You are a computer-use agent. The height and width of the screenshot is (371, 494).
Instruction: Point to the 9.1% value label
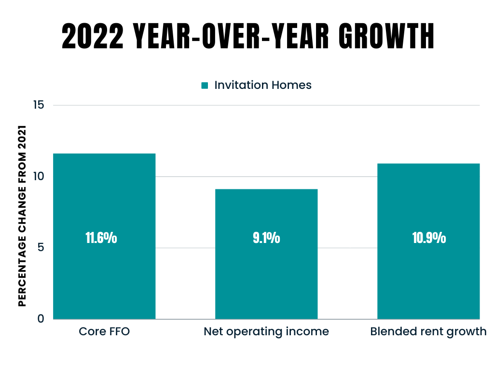coord(266,238)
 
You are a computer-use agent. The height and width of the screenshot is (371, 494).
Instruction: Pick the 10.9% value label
coord(428,238)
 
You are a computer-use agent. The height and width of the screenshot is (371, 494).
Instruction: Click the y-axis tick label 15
coord(39,105)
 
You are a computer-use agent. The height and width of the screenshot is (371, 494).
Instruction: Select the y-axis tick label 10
coord(39,176)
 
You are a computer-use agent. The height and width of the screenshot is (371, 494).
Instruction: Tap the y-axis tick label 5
coord(41,247)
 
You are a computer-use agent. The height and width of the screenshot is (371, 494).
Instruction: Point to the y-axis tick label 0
coord(41,319)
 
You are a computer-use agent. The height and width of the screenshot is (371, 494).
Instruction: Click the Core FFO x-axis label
coord(104,332)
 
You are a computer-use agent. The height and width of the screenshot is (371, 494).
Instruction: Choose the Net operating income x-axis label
coord(266,332)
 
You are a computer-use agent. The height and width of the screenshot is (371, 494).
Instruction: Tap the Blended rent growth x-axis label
coord(428,332)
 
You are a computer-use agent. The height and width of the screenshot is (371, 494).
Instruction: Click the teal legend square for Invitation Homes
coord(205,86)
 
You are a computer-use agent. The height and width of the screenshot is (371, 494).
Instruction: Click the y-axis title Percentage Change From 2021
coord(22,216)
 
